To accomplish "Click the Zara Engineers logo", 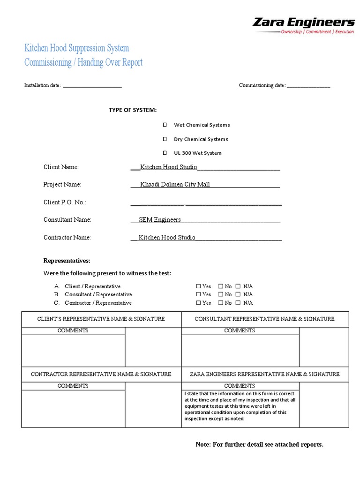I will pyautogui.click(x=304, y=25).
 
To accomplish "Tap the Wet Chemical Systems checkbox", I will pyautogui.click(x=165, y=125).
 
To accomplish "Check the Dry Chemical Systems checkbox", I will pyautogui.click(x=165, y=139).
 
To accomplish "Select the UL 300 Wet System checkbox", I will pyautogui.click(x=165, y=153).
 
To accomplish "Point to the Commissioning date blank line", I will pyautogui.click(x=308, y=86).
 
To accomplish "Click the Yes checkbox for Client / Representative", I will pyautogui.click(x=198, y=286).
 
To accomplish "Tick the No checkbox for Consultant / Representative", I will pyautogui.click(x=220, y=294).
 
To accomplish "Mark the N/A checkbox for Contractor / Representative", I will pyautogui.click(x=238, y=303).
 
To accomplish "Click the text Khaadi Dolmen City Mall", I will pyautogui.click(x=175, y=184).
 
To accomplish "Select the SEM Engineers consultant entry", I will pyautogui.click(x=160, y=219).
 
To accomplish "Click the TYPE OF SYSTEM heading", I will pyautogui.click(x=133, y=110).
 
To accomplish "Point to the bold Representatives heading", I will pyautogui.click(x=67, y=261).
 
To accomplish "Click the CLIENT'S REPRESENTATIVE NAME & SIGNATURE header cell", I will pyautogui.click(x=101, y=319).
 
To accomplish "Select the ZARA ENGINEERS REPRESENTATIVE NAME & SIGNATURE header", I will pyautogui.click(x=264, y=374).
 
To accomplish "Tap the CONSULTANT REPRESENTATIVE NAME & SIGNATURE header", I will pyautogui.click(x=264, y=319).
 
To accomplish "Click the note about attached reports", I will pyautogui.click(x=259, y=444).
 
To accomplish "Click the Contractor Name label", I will pyautogui.click(x=67, y=238).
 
